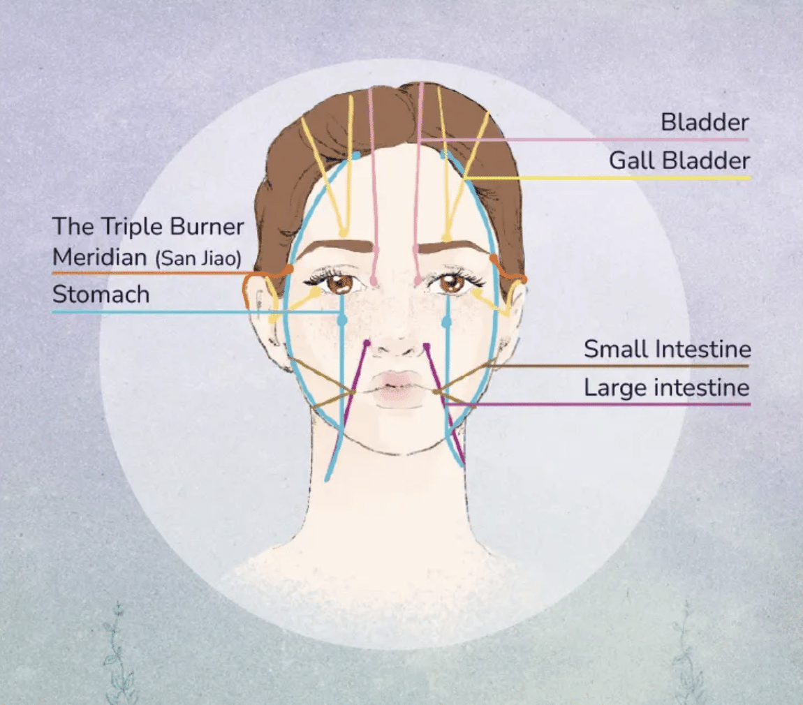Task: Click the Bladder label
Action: point(705,122)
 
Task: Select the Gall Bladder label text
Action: point(679,161)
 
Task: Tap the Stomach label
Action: point(101,295)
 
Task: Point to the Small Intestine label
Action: point(668,349)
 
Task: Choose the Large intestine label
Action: point(667,387)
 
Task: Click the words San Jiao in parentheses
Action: point(198,258)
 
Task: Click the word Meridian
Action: point(100,256)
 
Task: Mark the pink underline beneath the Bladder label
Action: point(584,140)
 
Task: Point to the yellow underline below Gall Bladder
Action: point(607,178)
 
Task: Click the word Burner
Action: point(207,227)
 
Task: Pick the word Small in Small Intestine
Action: point(616,349)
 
